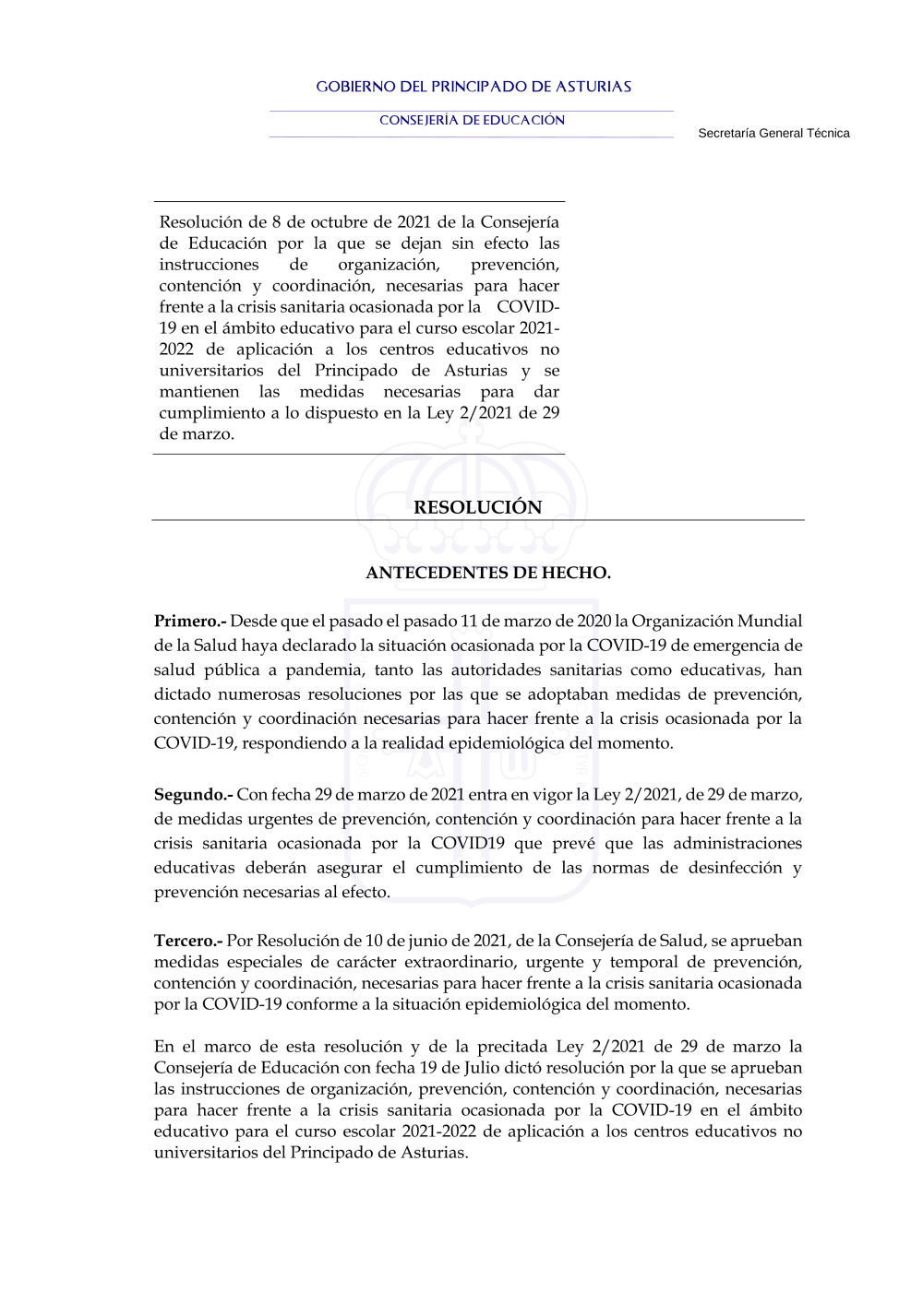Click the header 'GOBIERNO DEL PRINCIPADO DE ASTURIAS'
tap(473, 87)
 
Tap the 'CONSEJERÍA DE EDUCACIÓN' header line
tap(472, 120)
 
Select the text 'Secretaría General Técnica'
tap(773, 133)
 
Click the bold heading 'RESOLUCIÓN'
tap(477, 507)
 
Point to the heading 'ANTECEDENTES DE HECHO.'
tap(487, 573)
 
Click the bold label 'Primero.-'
tap(190, 622)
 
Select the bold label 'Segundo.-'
tap(193, 795)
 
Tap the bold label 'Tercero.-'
tap(188, 942)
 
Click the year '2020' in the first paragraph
tap(594, 622)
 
